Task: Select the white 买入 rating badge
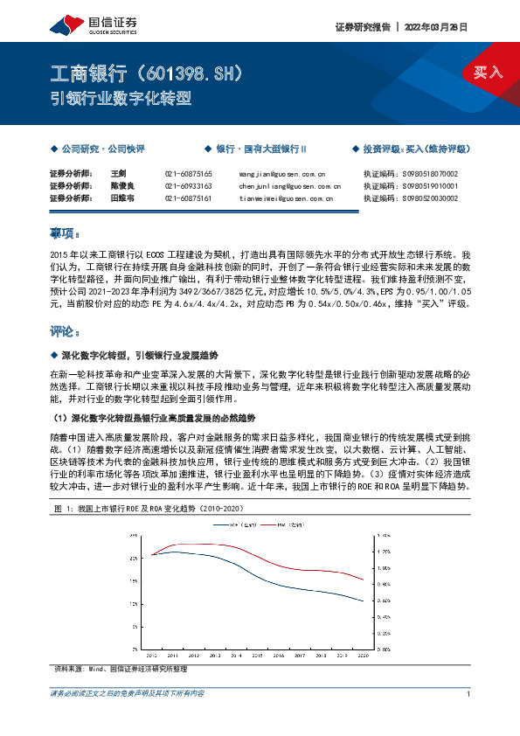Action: pos(487,72)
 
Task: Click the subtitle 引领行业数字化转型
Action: pos(121,99)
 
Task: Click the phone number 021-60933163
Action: pos(188,186)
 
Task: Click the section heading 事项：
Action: pos(66,234)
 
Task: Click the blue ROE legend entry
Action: pos(232,526)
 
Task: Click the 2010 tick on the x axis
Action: pos(151,654)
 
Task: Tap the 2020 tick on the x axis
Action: pos(362,654)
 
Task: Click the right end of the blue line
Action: pos(363,601)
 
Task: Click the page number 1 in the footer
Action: pos(469,694)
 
